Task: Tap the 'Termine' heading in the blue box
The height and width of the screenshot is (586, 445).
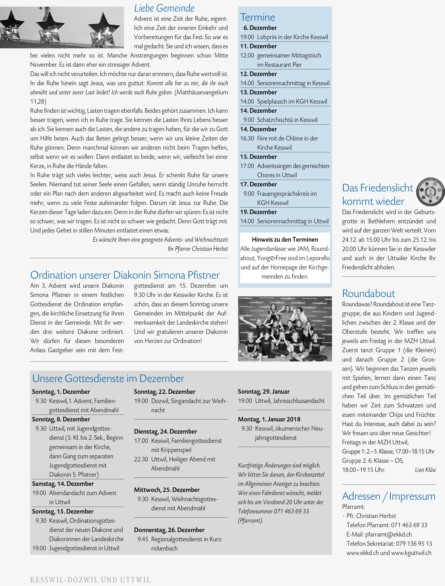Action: click(x=257, y=18)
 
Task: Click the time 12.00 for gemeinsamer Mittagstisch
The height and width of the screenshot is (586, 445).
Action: click(x=247, y=55)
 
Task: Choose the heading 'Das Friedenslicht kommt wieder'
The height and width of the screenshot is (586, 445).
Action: click(x=377, y=194)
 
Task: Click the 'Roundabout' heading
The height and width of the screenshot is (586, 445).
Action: click(x=368, y=294)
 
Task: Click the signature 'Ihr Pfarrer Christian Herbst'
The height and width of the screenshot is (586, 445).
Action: click(x=198, y=249)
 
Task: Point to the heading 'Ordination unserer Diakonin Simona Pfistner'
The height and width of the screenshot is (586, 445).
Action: click(x=125, y=275)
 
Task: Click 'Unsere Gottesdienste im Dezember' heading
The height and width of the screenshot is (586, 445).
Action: click(x=108, y=378)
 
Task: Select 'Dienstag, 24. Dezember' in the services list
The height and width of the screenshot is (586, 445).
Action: click(x=165, y=431)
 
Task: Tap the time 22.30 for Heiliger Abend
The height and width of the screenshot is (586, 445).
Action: click(x=141, y=459)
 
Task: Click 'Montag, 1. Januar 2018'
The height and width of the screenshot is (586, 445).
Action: click(x=269, y=419)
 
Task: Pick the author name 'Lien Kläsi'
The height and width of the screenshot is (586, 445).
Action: click(x=425, y=470)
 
